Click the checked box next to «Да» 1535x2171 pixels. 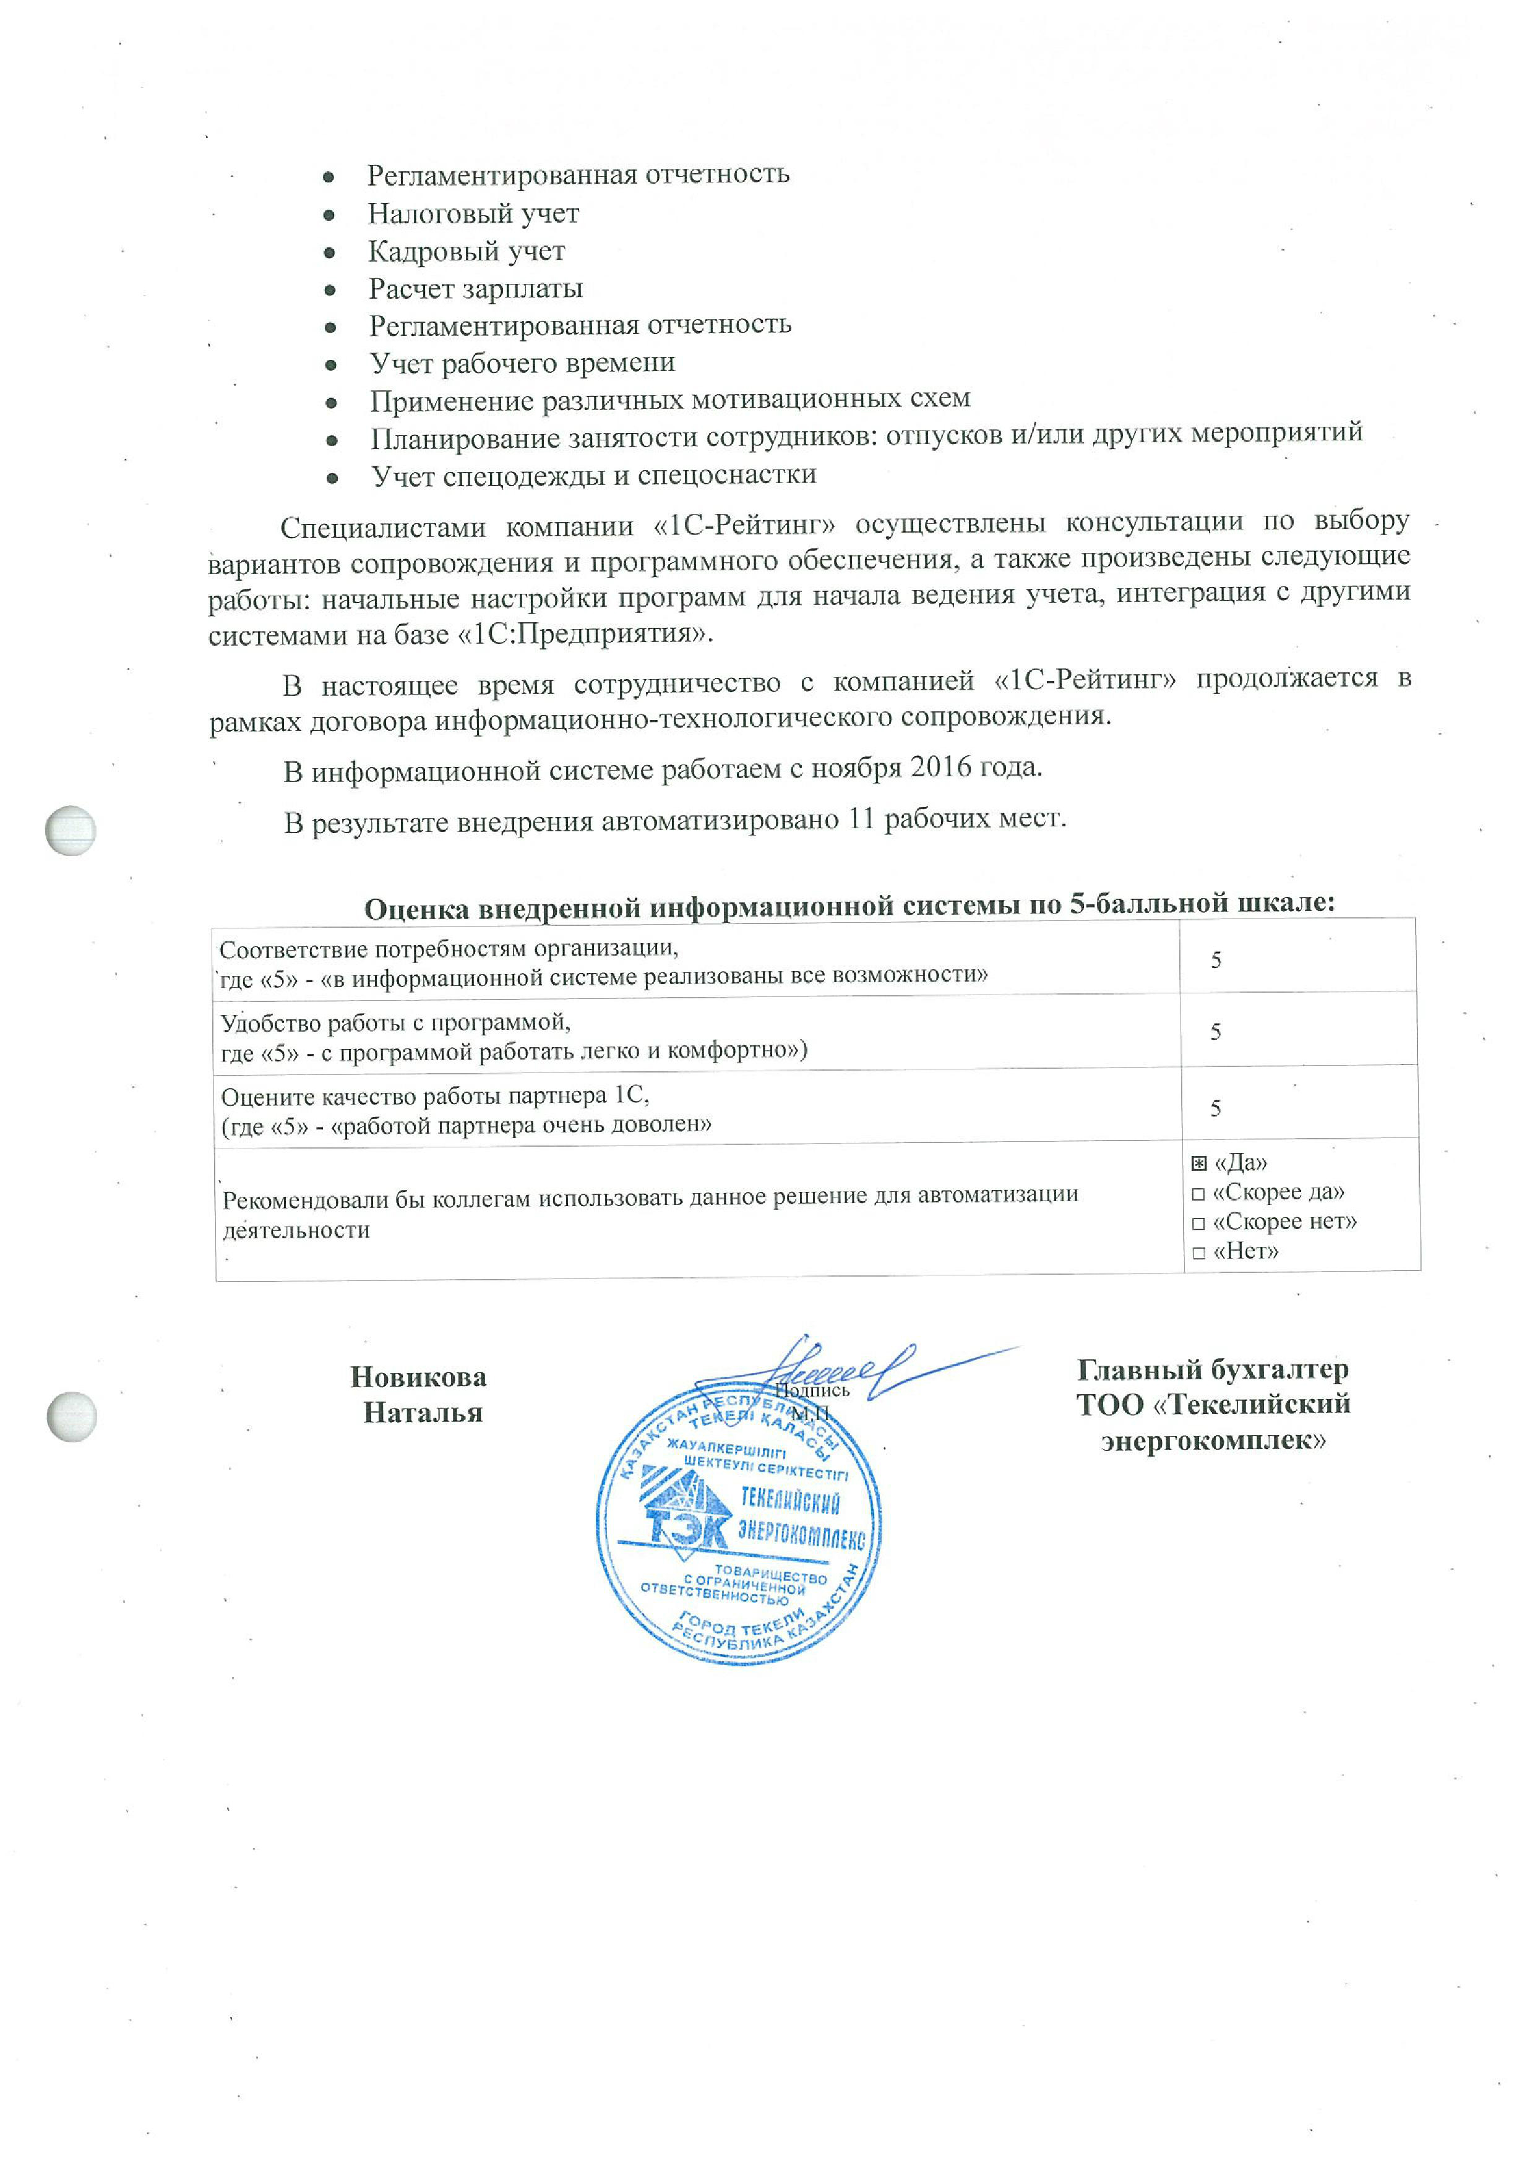(x=1199, y=1163)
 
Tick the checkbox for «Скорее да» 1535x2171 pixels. (x=1198, y=1195)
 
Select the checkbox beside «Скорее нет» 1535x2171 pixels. (x=1198, y=1225)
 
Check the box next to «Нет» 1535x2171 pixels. (x=1198, y=1254)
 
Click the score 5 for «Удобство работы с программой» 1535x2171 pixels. (x=1216, y=1032)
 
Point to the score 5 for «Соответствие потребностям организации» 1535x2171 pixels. (x=1216, y=960)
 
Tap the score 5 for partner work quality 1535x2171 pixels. (x=1216, y=1108)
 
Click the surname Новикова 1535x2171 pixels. (x=418, y=1377)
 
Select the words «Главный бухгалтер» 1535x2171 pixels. (x=1213, y=1369)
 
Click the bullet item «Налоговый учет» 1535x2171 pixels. (x=473, y=213)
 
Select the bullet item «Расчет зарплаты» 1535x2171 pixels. (x=475, y=288)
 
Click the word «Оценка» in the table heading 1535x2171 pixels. (x=416, y=908)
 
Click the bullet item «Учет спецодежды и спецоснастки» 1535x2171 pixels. (x=593, y=474)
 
